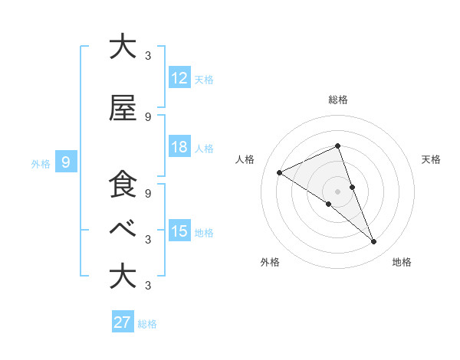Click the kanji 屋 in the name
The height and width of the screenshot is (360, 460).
point(123,110)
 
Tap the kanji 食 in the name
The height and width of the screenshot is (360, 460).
point(123,185)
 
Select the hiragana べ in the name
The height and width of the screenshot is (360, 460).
point(123,229)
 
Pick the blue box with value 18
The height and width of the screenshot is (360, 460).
point(179,147)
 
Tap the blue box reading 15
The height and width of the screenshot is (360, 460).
point(179,231)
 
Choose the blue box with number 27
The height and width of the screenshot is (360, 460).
point(123,322)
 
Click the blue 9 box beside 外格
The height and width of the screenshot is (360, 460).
point(66,162)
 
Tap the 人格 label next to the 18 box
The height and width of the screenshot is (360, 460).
point(204,148)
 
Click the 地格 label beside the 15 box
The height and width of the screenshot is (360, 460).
point(204,232)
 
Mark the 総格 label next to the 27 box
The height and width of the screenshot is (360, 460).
point(147,323)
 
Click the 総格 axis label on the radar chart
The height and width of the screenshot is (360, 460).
point(337,100)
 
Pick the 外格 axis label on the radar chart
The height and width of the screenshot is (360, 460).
point(270,263)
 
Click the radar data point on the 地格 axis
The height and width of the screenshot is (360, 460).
point(374,242)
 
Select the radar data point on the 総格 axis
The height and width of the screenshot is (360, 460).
point(337,146)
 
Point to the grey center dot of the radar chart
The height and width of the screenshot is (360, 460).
point(337,191)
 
